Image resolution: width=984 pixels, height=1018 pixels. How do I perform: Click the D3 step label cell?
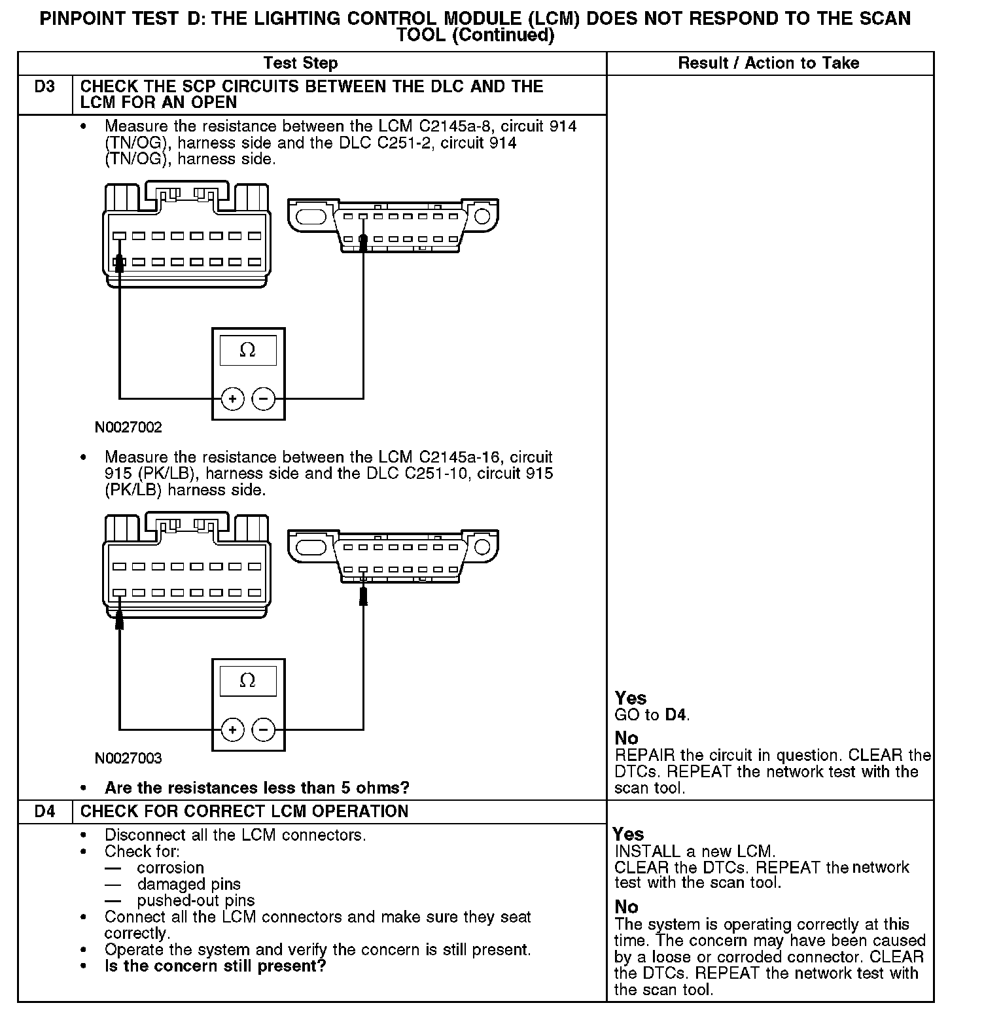coord(44,87)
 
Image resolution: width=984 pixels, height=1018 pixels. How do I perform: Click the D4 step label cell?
coord(44,812)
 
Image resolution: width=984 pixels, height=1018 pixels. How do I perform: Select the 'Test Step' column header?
coord(300,63)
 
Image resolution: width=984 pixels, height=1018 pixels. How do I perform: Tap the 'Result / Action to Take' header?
coord(769,63)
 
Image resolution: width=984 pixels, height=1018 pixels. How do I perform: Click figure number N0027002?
coord(128,428)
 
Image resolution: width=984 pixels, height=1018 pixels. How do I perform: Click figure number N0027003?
coord(128,759)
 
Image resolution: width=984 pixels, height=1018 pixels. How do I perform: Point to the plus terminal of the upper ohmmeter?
coord(233,398)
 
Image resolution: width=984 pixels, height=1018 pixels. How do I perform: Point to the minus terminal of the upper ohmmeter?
coord(264,398)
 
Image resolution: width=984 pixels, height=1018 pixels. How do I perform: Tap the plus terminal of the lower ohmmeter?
coord(233,729)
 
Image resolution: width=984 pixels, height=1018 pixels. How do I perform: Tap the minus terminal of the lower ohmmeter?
coord(264,729)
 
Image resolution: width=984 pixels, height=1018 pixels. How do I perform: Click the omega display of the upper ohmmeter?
coord(248,351)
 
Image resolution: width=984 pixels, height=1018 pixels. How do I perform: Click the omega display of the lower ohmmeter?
coord(248,681)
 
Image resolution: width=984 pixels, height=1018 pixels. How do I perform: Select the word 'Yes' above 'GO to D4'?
coord(631,699)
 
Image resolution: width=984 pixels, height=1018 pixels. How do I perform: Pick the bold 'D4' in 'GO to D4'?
coord(676,715)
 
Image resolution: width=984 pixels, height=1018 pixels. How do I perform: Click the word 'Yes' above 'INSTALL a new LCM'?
coord(628,835)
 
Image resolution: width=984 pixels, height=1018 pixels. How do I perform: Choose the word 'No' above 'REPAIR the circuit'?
coord(626,739)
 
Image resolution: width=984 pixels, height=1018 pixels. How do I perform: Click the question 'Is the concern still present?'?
coord(215,966)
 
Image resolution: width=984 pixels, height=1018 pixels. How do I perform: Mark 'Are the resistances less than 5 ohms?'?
coord(257,788)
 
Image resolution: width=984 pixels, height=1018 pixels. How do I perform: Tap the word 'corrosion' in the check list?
coord(171,868)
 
